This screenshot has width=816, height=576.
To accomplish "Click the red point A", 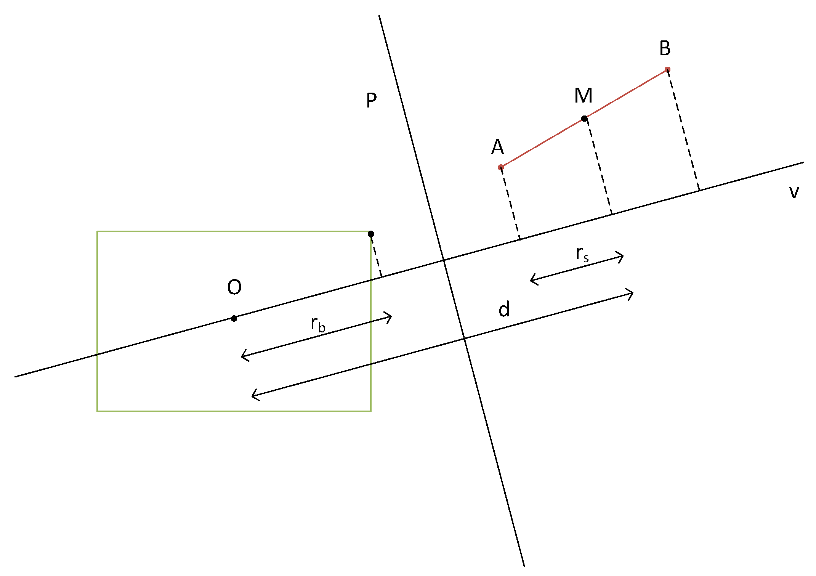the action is [501, 167].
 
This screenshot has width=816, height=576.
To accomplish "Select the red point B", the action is [667, 70].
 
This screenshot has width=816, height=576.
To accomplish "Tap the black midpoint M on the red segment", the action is [584, 119].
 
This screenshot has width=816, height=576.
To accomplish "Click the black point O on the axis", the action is [234, 318].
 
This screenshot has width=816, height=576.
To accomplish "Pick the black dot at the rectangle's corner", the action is [371, 234].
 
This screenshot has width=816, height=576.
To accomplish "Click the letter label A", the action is [497, 147].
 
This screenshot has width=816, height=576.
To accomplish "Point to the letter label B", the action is [665, 48].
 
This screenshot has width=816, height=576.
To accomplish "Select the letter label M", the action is [583, 95].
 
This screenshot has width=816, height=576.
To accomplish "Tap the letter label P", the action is [371, 101].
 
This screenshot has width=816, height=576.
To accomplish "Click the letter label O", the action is [234, 287].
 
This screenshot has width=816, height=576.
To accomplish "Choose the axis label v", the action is [794, 192].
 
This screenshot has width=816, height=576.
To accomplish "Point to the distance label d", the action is [504, 309].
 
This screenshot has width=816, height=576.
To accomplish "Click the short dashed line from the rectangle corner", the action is [376, 255].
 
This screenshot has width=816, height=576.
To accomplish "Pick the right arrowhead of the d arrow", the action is [631, 293].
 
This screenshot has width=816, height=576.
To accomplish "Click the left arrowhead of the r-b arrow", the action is [244, 356].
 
